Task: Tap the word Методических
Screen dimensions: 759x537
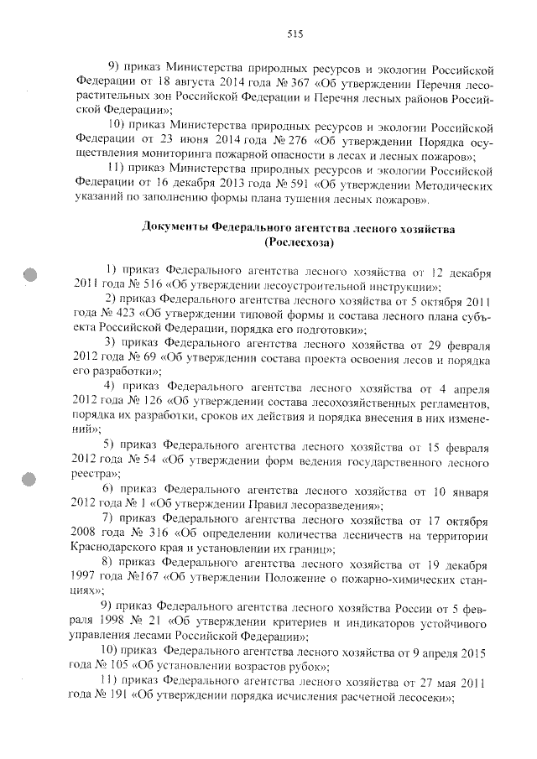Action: (445, 187)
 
